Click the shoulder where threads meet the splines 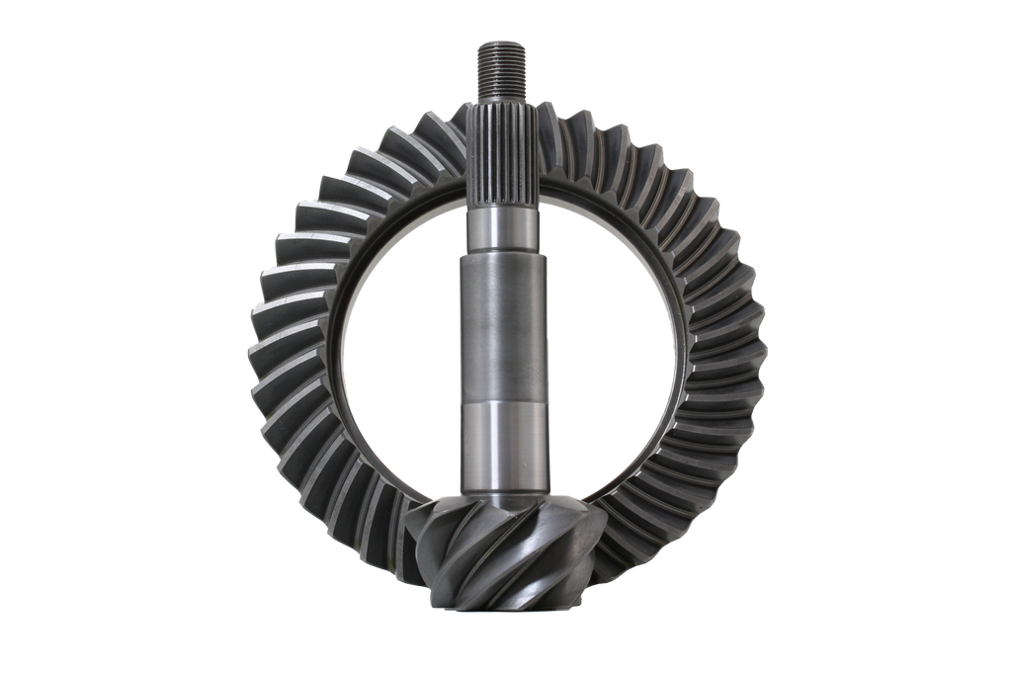[505, 99]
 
